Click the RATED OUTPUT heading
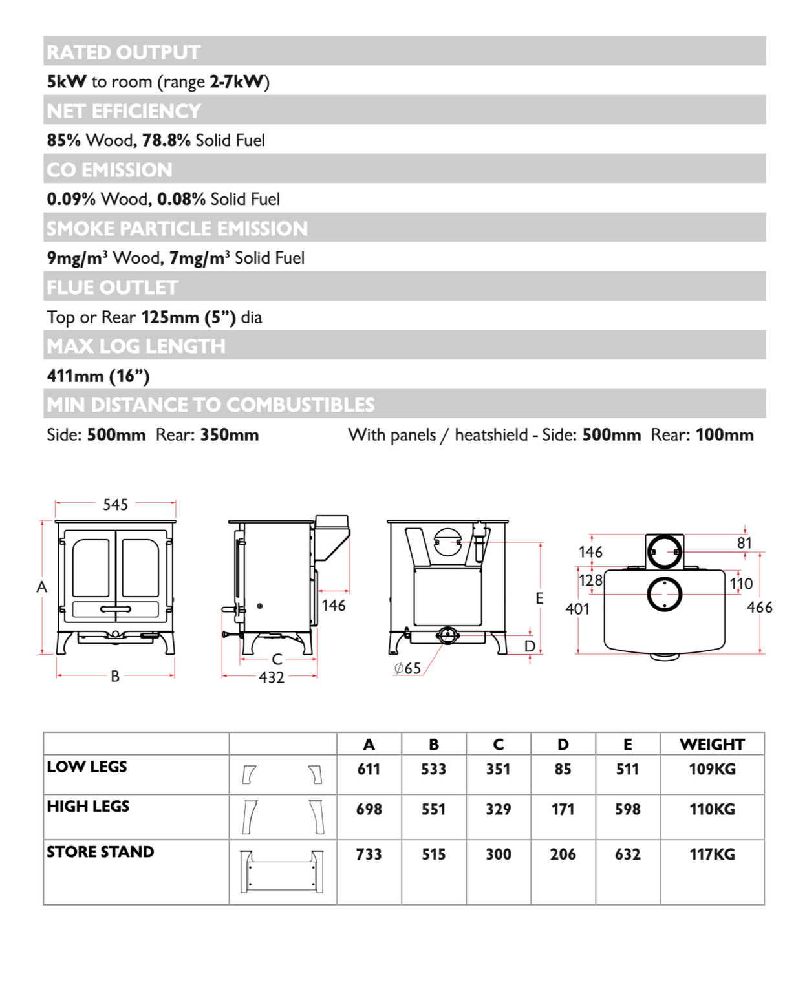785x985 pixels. pyautogui.click(x=124, y=52)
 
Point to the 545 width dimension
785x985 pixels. pyautogui.click(x=115, y=504)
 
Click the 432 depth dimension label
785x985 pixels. pyautogui.click(x=271, y=677)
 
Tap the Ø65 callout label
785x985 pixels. pyautogui.click(x=407, y=668)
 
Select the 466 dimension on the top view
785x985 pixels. pyautogui.click(x=759, y=607)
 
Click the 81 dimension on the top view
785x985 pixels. pyautogui.click(x=744, y=543)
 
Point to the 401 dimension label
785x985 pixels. pyautogui.click(x=577, y=609)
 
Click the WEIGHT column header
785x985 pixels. pyautogui.click(x=712, y=745)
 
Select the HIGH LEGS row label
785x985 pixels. pyautogui.click(x=88, y=806)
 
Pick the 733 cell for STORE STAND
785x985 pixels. pyautogui.click(x=369, y=854)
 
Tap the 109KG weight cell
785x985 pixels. pyautogui.click(x=712, y=769)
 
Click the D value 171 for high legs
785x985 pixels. pyautogui.click(x=563, y=809)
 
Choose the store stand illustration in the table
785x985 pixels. pyautogui.click(x=281, y=871)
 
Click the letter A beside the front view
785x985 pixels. pyautogui.click(x=42, y=587)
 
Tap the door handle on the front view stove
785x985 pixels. pyautogui.click(x=115, y=609)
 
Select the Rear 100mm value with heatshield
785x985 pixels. pyautogui.click(x=724, y=435)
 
